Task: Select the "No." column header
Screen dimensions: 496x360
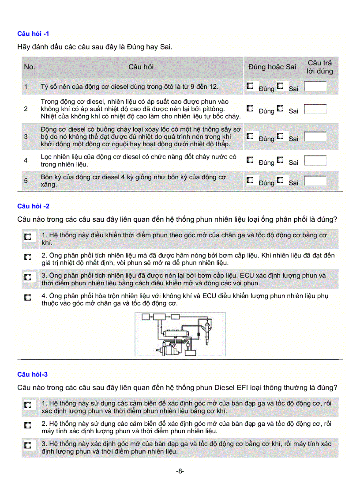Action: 29,67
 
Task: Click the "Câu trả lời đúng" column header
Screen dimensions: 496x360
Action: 320,67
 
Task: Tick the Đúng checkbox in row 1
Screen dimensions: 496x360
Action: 250,86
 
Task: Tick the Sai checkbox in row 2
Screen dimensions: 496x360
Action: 280,108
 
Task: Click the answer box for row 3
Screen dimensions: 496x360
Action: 315,136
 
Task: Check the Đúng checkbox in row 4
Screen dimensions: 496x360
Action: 250,160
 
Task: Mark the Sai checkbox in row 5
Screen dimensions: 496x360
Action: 280,180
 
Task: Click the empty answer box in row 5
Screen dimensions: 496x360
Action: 315,181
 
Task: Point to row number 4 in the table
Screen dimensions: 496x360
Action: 26,160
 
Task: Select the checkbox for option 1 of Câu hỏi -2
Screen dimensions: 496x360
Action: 28,237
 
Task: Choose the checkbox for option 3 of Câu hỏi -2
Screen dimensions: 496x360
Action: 28,277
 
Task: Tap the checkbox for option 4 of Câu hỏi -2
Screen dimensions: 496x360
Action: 28,298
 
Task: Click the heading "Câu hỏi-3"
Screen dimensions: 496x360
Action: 32,375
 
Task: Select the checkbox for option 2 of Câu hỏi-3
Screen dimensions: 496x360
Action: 28,425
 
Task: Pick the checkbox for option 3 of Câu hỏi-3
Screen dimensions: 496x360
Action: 28,446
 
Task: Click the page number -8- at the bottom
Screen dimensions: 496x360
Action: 180,471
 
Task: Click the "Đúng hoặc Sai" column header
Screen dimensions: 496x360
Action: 272,67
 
